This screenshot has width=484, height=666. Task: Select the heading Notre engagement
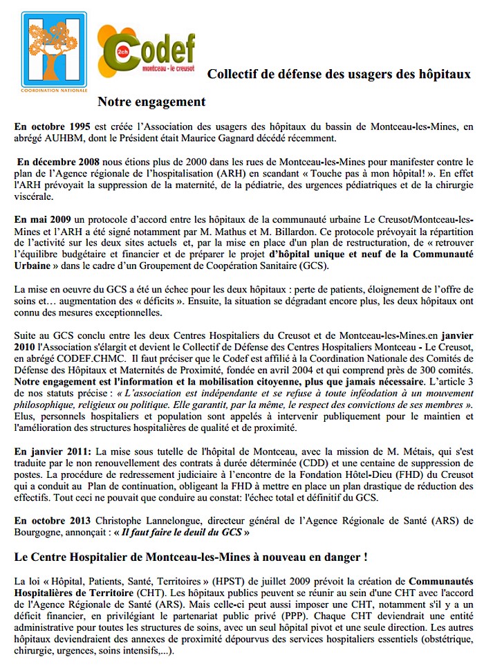coord(151,102)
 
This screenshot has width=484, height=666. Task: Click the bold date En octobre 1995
coord(51,127)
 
